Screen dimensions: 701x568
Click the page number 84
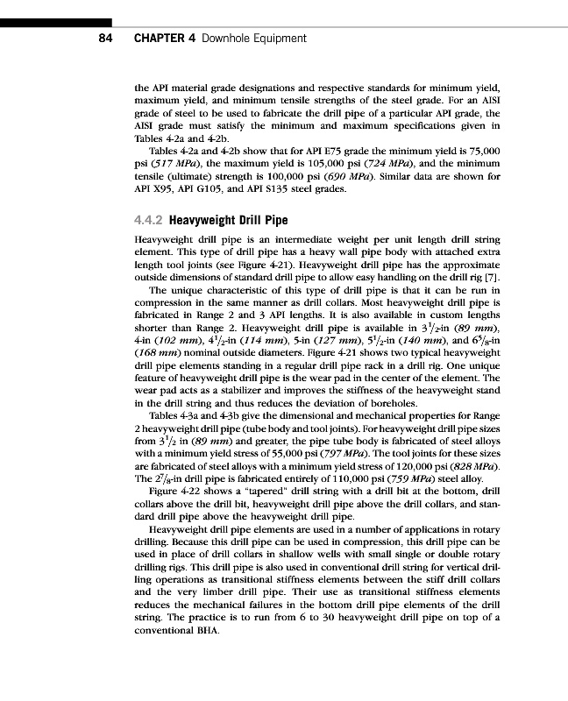tap(103, 39)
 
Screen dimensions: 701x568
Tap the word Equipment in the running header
tap(276, 39)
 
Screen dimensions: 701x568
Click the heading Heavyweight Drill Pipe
tap(228, 220)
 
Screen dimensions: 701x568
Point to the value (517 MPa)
tap(167, 164)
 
